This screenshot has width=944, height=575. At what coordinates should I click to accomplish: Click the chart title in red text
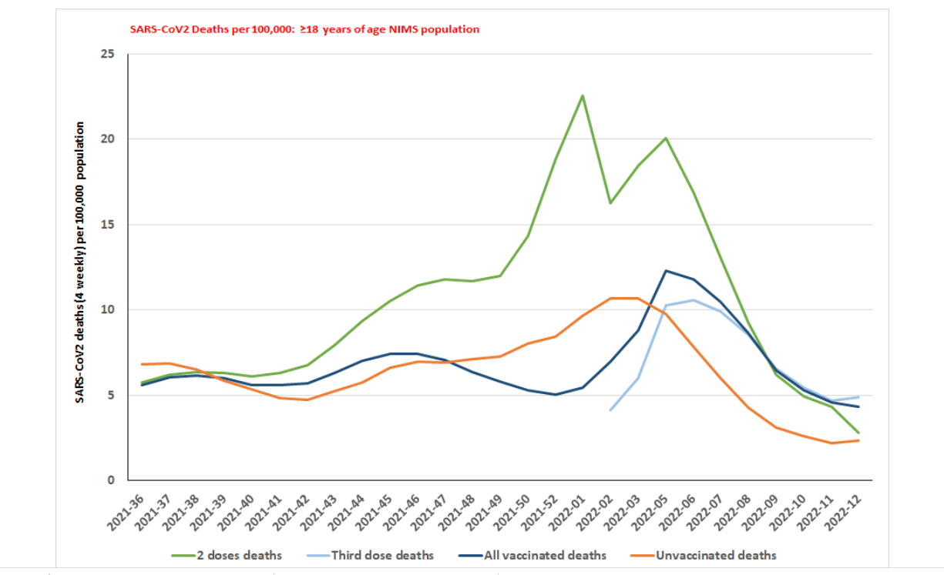pyautogui.click(x=304, y=29)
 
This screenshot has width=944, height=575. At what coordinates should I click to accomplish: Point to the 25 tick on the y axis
pyautogui.click(x=107, y=54)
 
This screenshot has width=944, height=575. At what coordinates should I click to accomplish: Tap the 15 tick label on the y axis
pyautogui.click(x=107, y=225)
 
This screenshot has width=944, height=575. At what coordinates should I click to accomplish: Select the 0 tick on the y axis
pyautogui.click(x=111, y=480)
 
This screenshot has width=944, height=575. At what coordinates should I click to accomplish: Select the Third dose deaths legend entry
pyautogui.click(x=382, y=555)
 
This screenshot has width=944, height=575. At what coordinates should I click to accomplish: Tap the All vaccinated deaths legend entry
pyautogui.click(x=544, y=555)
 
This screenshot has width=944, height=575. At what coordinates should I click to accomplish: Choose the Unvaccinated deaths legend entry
pyautogui.click(x=715, y=555)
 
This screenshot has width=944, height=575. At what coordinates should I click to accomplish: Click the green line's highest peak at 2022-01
pyautogui.click(x=583, y=95)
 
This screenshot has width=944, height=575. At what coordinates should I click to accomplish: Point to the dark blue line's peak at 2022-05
pyautogui.click(x=666, y=271)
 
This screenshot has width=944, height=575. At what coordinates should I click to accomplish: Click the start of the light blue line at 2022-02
pyautogui.click(x=610, y=410)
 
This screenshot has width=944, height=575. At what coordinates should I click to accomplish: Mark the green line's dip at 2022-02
pyautogui.click(x=610, y=203)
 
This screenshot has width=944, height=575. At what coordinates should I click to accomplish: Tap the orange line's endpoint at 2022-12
pyautogui.click(x=858, y=440)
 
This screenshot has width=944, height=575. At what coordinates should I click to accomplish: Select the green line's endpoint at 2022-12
pyautogui.click(x=858, y=433)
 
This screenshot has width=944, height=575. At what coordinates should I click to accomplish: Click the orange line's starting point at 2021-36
pyautogui.click(x=142, y=364)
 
